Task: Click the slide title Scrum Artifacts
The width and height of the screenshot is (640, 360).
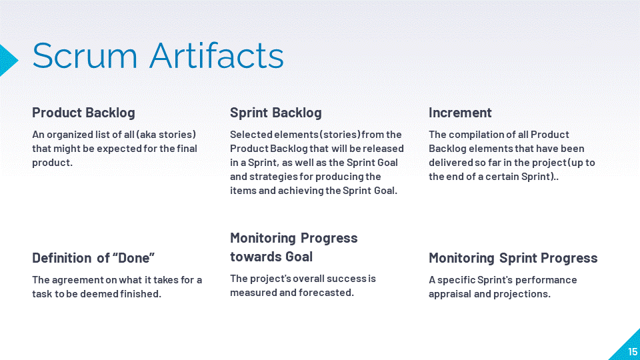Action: click(x=158, y=55)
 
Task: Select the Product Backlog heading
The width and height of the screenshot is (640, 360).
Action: click(x=84, y=113)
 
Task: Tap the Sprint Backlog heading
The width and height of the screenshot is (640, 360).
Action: click(x=276, y=113)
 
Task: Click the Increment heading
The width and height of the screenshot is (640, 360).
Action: click(x=460, y=113)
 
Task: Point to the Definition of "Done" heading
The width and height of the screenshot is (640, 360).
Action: click(x=93, y=258)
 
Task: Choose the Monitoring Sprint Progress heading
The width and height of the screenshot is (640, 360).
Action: click(x=513, y=258)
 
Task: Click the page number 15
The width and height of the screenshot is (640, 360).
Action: click(x=633, y=351)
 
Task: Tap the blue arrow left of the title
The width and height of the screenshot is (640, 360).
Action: click(x=9, y=61)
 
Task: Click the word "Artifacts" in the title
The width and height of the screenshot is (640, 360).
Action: click(x=217, y=55)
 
